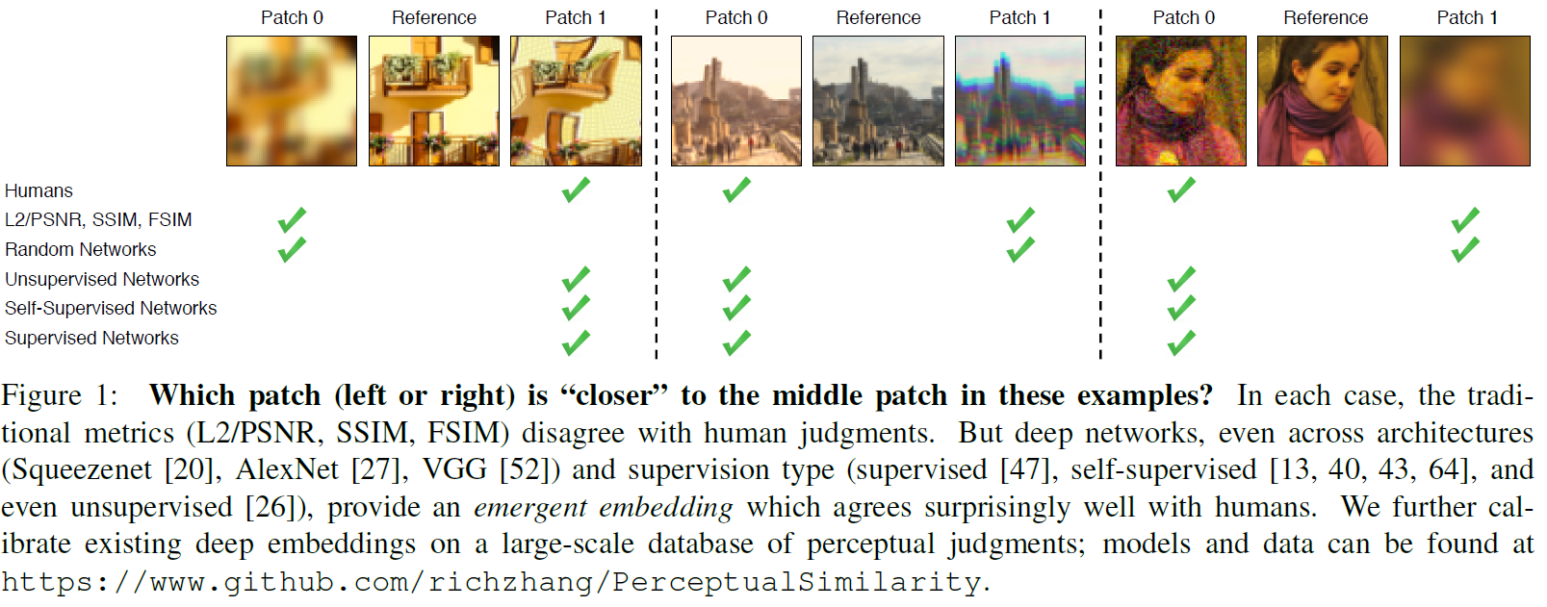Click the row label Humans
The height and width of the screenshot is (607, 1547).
coord(39,190)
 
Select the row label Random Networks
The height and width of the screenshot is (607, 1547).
coord(80,249)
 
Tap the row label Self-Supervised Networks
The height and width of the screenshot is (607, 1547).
coord(111,308)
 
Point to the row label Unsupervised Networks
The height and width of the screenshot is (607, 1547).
coord(102,279)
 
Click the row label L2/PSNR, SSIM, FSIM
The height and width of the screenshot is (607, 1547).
coord(98,219)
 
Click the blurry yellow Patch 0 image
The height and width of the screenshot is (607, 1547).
coord(292,101)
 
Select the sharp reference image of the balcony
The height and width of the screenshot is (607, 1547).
coord(434,101)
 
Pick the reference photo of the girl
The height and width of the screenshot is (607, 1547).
coord(1323,101)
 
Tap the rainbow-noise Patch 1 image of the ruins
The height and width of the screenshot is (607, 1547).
coord(1020,101)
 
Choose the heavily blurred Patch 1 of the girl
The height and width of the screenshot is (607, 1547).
coord(1464,101)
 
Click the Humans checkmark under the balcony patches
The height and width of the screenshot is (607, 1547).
coord(576,190)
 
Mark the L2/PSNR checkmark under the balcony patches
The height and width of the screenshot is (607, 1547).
coord(292,220)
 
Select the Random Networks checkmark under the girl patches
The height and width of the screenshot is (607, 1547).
coord(1465,249)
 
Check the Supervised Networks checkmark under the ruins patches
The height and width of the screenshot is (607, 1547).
coord(736,342)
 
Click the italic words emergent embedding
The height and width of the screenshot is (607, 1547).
coord(603,507)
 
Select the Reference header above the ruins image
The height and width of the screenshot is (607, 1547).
coord(878,17)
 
